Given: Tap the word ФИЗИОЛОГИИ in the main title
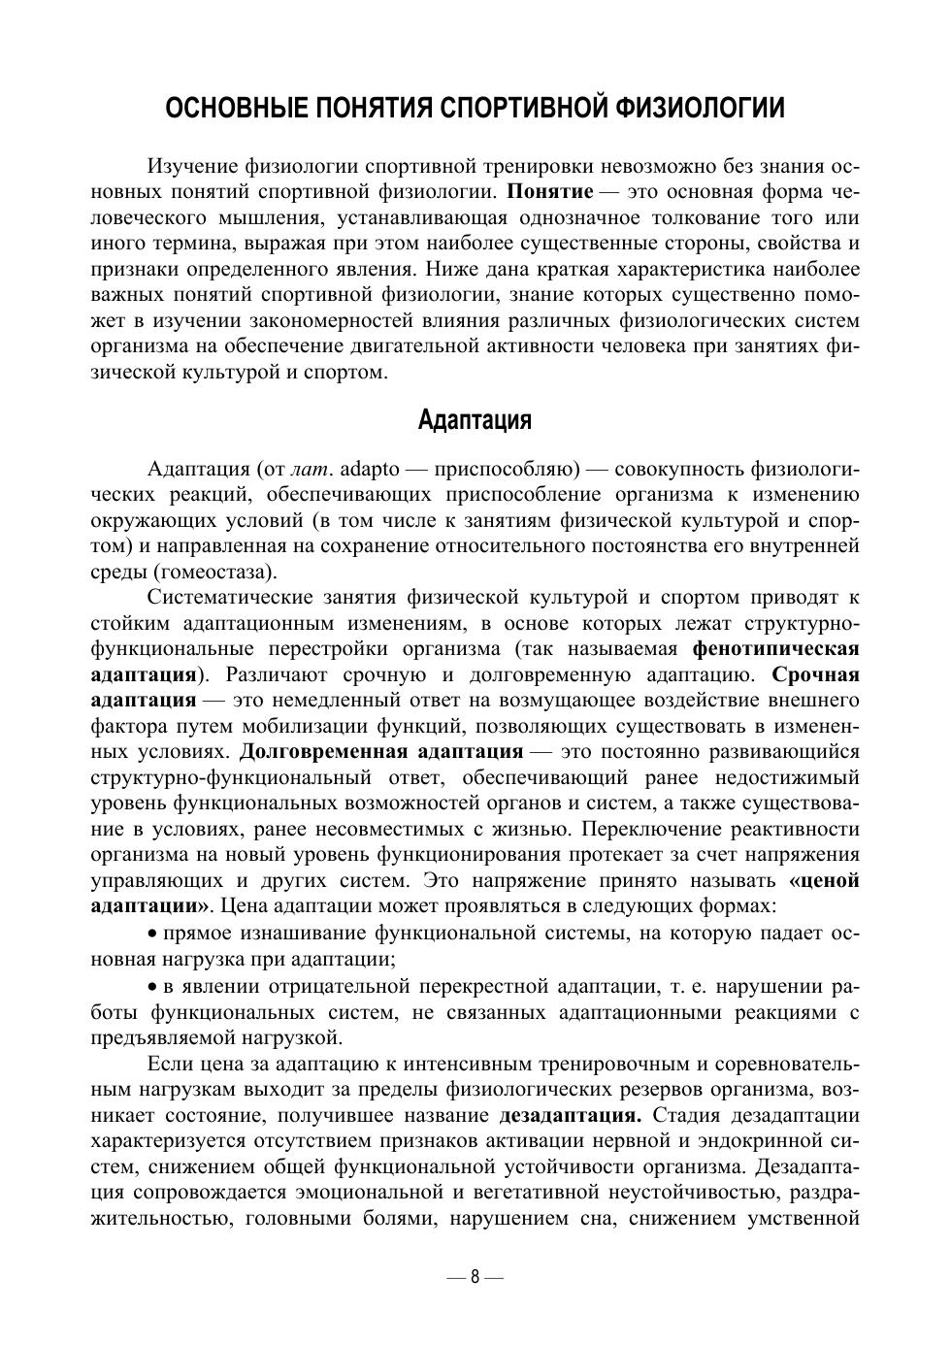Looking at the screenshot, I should click(699, 108).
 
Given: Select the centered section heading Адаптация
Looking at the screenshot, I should click(475, 420).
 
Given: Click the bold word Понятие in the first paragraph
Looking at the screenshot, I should click(549, 191).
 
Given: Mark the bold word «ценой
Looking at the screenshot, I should click(825, 881).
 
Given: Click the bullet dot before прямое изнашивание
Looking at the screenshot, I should click(153, 934).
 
